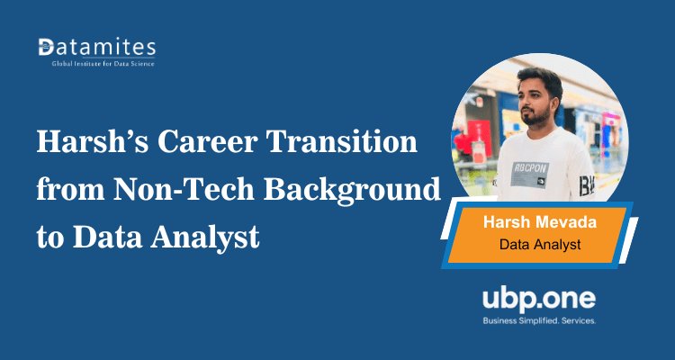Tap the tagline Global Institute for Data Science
(x=96, y=64)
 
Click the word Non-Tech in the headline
(x=171, y=190)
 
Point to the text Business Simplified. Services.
(x=539, y=320)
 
